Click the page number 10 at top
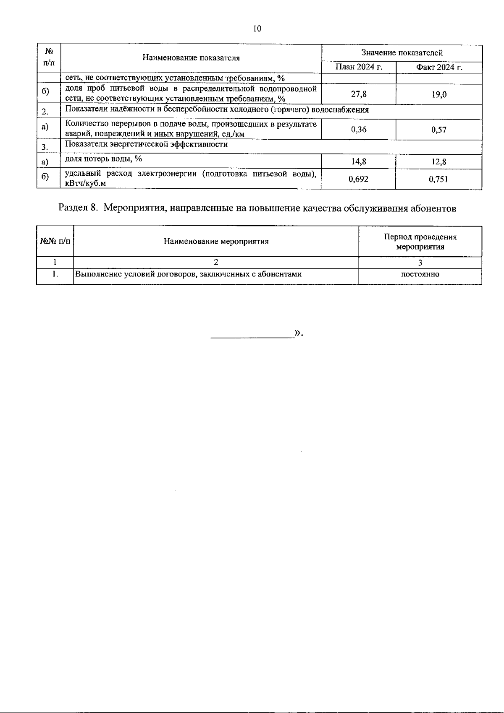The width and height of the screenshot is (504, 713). [257, 29]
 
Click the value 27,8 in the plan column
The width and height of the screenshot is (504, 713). [359, 94]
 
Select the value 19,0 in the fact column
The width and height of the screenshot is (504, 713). [439, 95]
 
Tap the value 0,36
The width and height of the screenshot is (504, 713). [359, 130]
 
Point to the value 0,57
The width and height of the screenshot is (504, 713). [439, 130]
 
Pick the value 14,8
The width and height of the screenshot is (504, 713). [359, 161]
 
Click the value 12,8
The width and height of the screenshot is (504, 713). [439, 162]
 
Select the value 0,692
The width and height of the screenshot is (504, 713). [359, 179]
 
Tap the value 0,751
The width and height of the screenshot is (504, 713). [439, 180]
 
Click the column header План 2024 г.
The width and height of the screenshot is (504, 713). [359, 67]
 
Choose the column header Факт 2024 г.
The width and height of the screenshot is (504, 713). [439, 67]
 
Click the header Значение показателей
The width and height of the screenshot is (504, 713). [402, 53]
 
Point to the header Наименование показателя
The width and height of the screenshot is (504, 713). [191, 58]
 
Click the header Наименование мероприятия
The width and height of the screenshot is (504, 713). [216, 241]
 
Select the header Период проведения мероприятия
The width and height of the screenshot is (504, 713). [420, 242]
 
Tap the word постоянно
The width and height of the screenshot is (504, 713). [420, 274]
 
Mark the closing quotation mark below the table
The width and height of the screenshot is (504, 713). [298, 333]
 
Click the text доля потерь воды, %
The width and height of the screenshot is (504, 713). [103, 159]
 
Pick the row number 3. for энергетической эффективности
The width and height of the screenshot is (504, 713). [45, 147]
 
